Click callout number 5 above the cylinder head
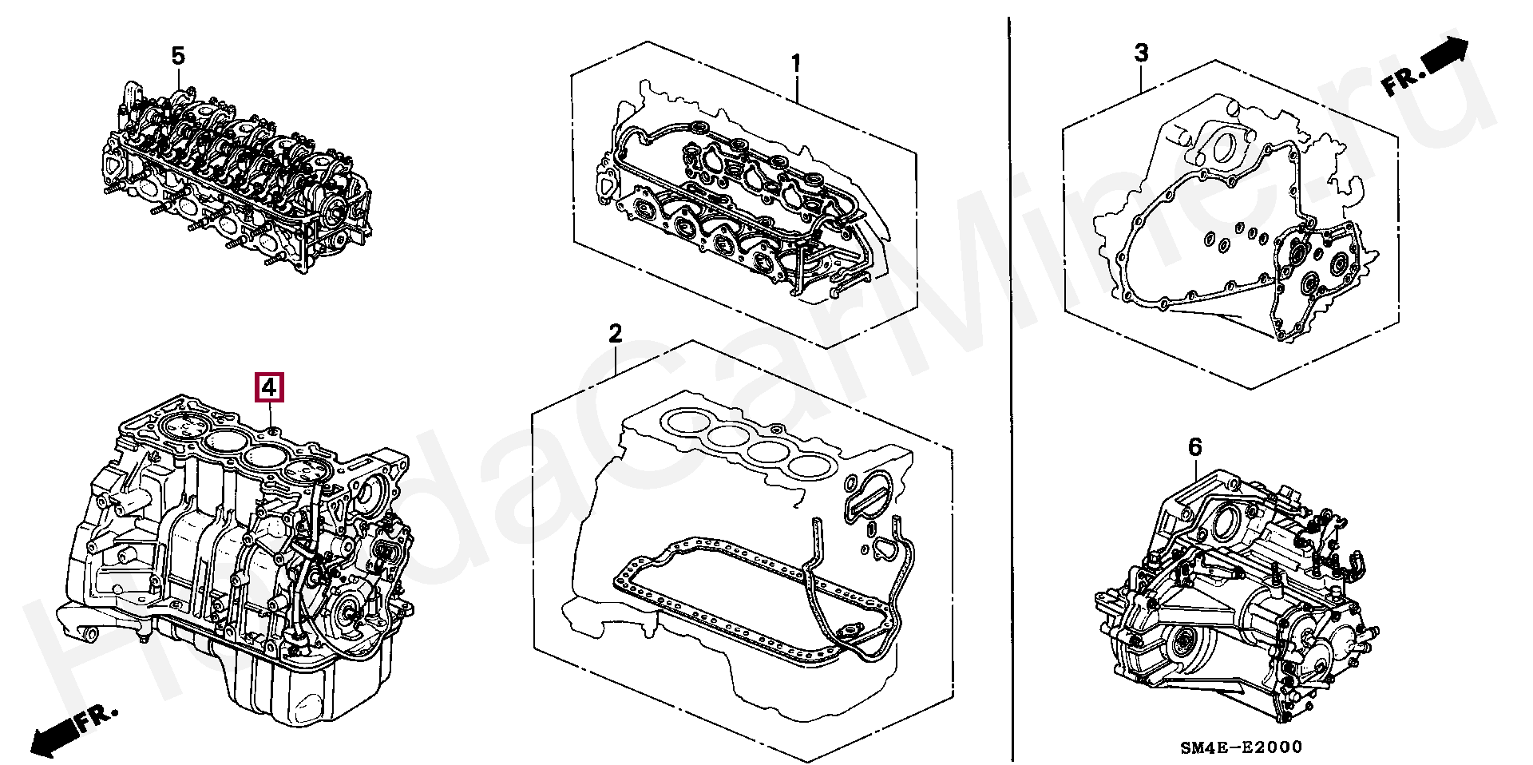coord(178,57)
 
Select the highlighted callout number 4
coord(269,387)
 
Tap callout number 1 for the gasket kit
coord(795,63)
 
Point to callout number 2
coord(615,334)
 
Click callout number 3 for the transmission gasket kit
coord(1142,54)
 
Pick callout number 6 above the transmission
coord(1194,447)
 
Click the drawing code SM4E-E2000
coord(1241,747)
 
